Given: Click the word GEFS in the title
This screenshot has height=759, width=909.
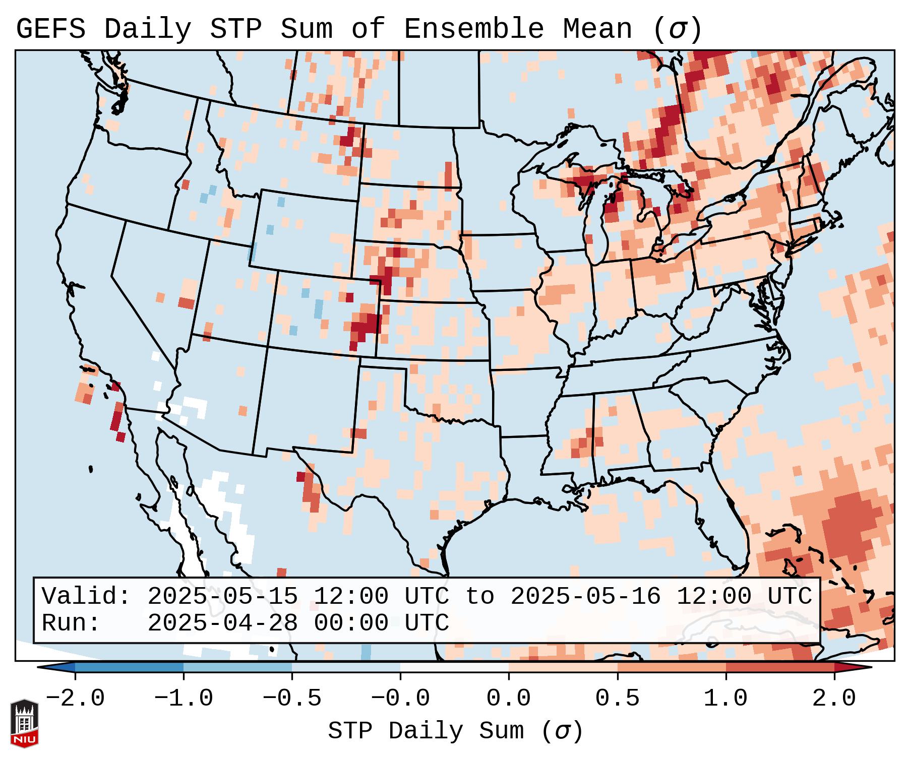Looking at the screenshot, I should pyautogui.click(x=50, y=29).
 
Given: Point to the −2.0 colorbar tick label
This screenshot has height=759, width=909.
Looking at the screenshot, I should pyautogui.click(x=75, y=699).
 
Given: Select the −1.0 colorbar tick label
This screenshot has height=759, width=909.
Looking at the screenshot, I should pyautogui.click(x=184, y=699).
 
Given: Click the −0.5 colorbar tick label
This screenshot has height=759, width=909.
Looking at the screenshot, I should pyautogui.click(x=292, y=699).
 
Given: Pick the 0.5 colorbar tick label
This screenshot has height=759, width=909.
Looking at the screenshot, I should pyautogui.click(x=618, y=699).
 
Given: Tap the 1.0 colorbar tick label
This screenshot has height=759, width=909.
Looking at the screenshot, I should pyautogui.click(x=726, y=699).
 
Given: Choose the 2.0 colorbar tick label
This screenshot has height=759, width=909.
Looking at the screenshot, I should pyautogui.click(x=834, y=699).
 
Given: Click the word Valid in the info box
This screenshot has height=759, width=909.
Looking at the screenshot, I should pyautogui.click(x=85, y=596).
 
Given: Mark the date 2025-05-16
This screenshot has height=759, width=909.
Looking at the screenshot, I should pyautogui.click(x=585, y=596).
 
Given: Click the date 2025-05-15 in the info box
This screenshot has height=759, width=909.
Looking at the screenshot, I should pyautogui.click(x=222, y=596).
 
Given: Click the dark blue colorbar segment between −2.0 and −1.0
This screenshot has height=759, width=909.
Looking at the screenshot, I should pyautogui.click(x=129, y=667).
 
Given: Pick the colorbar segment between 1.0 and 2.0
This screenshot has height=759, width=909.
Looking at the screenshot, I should pyautogui.click(x=780, y=667).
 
